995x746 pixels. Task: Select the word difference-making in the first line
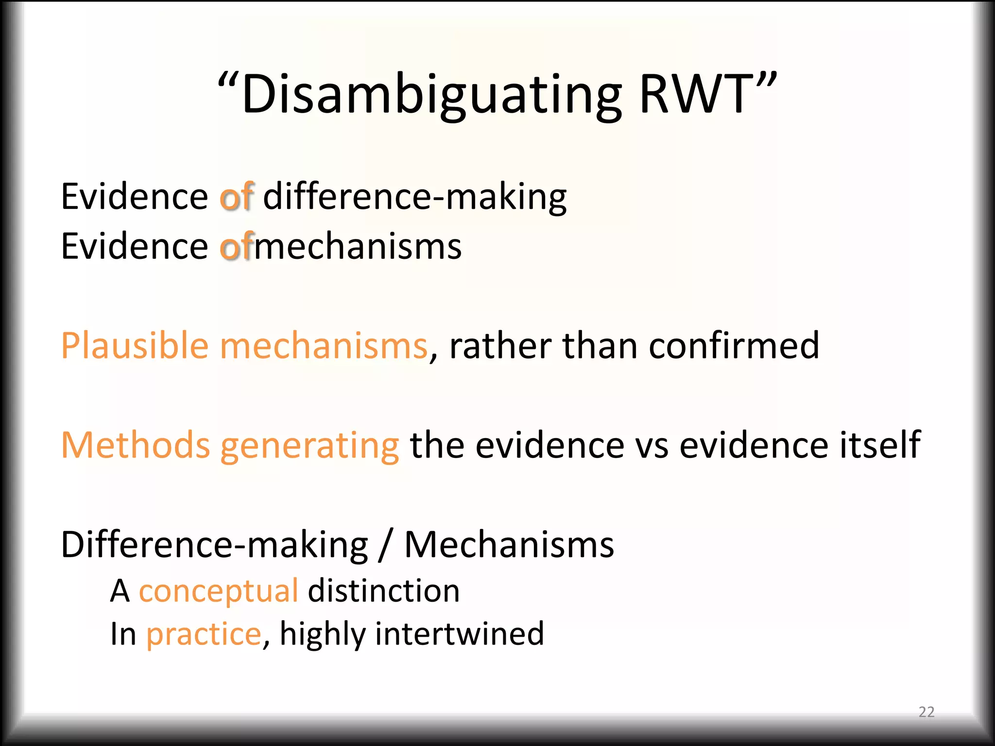(x=414, y=197)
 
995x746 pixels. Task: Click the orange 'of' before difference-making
(x=237, y=197)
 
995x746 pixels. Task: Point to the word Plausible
(x=135, y=346)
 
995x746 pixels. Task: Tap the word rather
(x=501, y=346)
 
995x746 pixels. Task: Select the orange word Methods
(x=135, y=445)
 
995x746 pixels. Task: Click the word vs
(x=651, y=445)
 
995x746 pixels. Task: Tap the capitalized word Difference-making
(x=214, y=545)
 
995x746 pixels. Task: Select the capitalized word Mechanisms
(x=509, y=545)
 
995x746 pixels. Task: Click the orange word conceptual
(x=218, y=592)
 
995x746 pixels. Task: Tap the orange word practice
(x=204, y=634)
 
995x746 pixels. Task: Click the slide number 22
(x=926, y=712)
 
